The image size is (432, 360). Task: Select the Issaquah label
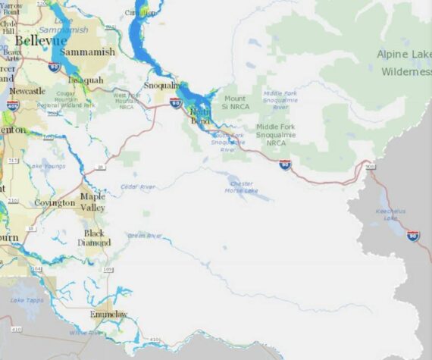point(85,79)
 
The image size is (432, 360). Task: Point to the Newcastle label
point(27,91)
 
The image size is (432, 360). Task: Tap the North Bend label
point(200,114)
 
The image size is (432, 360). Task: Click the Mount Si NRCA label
point(236,102)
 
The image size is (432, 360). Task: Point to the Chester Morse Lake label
point(242,186)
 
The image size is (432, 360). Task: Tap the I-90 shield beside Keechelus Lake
point(412,236)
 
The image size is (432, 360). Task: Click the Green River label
point(145,236)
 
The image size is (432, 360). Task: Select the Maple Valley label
point(92,202)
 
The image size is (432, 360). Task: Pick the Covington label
point(55,203)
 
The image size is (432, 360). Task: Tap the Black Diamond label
point(94,237)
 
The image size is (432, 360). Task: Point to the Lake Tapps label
point(22,301)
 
